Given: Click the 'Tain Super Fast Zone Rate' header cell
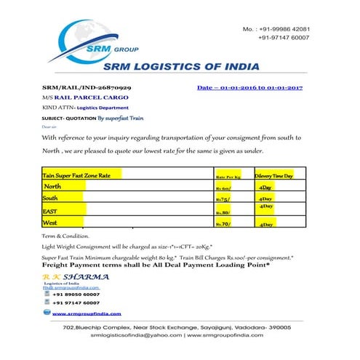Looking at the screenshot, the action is point(77,175).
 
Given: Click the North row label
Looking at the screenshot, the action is point(52,187).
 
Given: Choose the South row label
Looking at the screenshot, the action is point(51,198).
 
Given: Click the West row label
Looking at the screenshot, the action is point(50,223).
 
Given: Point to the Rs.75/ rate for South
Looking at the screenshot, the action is point(224,199).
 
